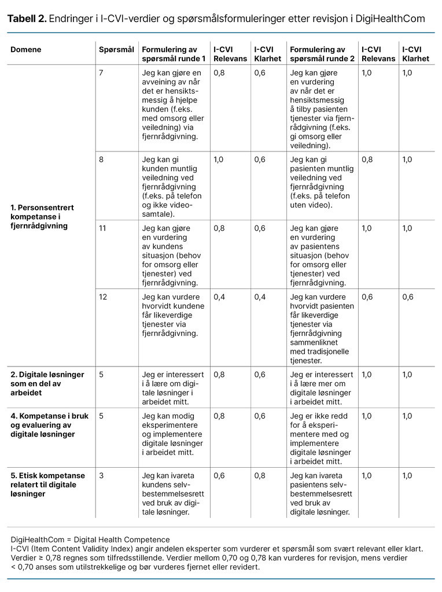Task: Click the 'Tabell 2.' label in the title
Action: tap(27, 19)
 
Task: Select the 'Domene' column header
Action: tap(26, 50)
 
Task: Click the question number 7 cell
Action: tap(101, 73)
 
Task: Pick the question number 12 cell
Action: tap(103, 297)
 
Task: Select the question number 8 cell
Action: tap(101, 160)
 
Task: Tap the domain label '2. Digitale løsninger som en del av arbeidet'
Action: tap(47, 383)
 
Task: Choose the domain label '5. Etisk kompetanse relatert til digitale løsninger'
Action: tap(47, 484)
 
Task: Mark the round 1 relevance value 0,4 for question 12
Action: tap(220, 297)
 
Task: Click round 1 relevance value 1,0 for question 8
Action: tap(219, 160)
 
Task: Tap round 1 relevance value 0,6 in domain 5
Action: tap(220, 476)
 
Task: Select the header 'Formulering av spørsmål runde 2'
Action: tap(322, 54)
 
